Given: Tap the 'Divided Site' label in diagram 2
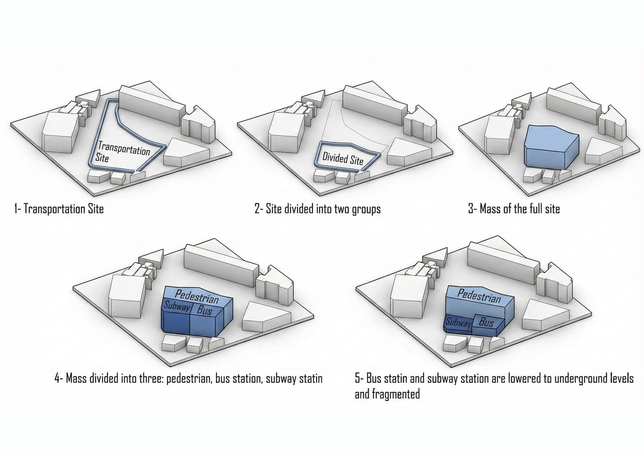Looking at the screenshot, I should point(342,159).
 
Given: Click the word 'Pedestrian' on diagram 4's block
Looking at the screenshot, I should point(197,297).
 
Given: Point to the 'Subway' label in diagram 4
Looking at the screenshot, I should point(176,306).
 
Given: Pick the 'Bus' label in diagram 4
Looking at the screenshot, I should point(204,311).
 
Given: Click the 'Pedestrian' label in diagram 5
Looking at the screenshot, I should point(479,296).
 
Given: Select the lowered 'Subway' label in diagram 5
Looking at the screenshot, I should point(458,323).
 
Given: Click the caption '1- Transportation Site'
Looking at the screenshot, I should point(59,209).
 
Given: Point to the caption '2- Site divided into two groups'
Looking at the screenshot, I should point(318,209).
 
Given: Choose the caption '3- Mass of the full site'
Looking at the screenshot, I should point(514,209).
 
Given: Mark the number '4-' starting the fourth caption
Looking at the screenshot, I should point(59,378).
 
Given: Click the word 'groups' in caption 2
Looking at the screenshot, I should point(366,209).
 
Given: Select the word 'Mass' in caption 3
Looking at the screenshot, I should point(490,209).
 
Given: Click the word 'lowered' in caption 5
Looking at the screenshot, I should point(526,378).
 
